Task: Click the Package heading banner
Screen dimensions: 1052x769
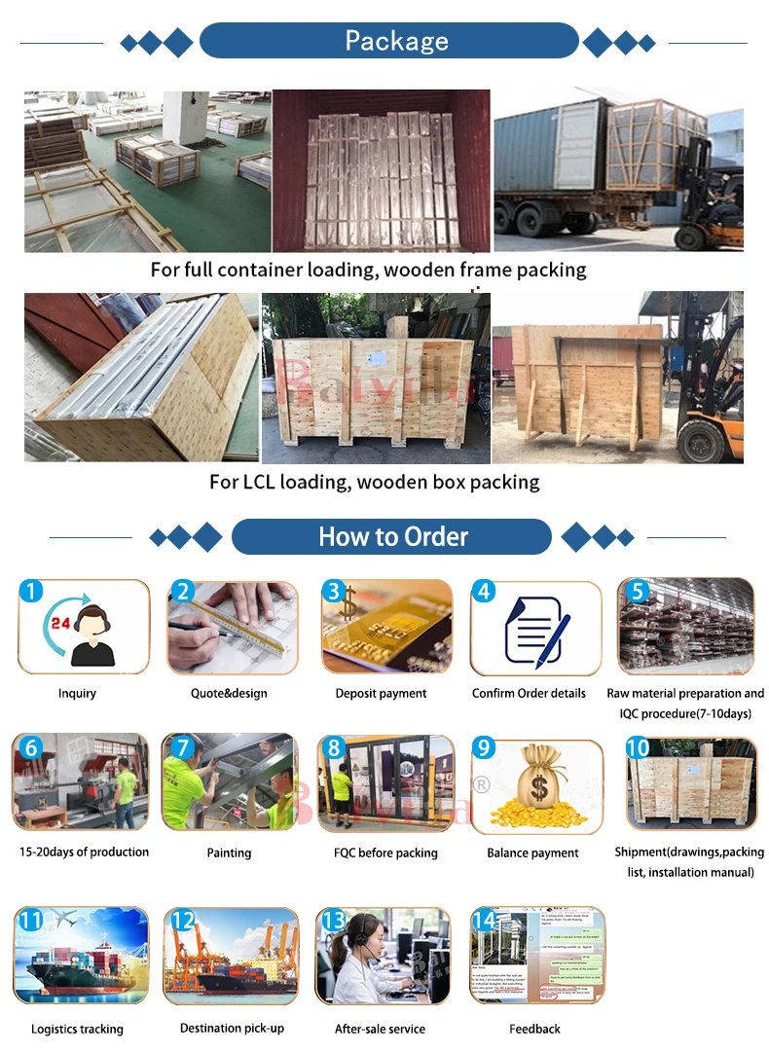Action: (x=389, y=41)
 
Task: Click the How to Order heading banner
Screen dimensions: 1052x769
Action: (x=392, y=536)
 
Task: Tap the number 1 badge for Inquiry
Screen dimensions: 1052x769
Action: (x=31, y=591)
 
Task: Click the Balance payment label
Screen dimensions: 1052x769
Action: (x=532, y=852)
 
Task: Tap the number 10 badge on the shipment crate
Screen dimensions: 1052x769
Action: (x=638, y=747)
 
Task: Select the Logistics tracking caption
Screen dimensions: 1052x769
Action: (x=77, y=1029)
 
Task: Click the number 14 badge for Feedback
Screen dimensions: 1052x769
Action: (x=484, y=920)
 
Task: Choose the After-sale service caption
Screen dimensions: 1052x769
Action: (x=380, y=1029)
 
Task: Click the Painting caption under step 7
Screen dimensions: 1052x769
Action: (x=229, y=852)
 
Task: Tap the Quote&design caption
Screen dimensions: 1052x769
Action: (x=229, y=693)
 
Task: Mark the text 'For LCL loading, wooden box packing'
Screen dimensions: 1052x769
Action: (x=374, y=482)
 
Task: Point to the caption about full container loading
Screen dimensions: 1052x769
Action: (x=368, y=270)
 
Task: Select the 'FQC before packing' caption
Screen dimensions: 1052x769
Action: (x=385, y=852)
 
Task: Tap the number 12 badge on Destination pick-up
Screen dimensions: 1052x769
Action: (x=182, y=920)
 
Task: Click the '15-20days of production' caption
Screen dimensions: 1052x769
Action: (x=85, y=852)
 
